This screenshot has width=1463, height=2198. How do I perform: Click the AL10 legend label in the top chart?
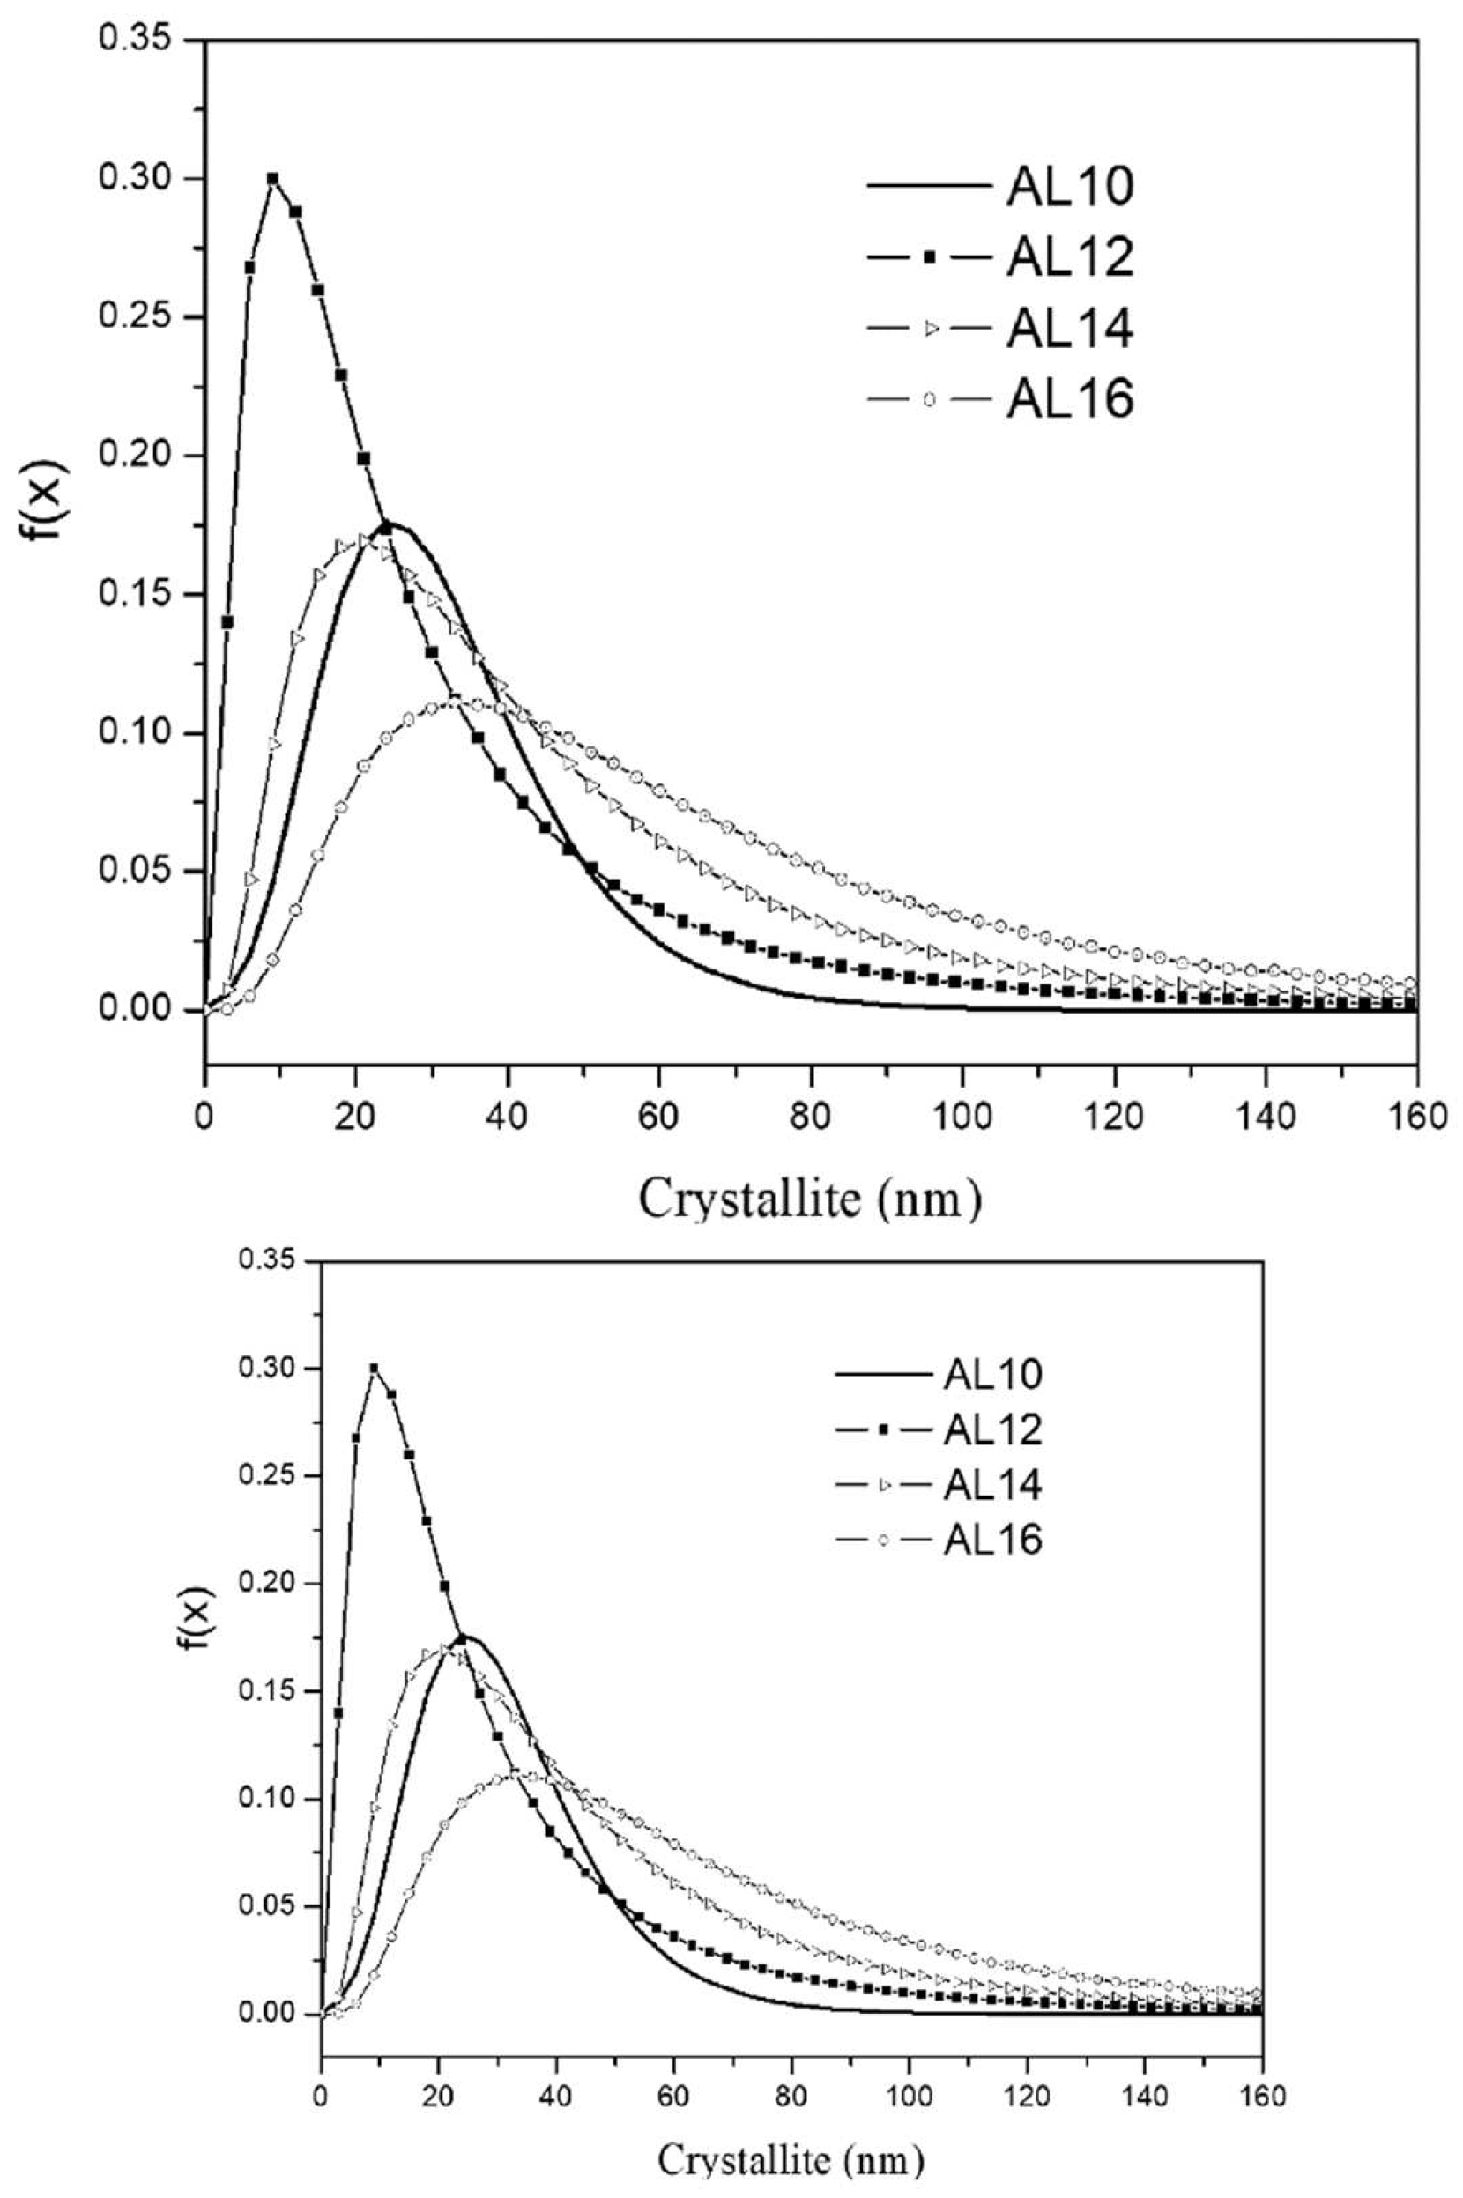pos(1069,187)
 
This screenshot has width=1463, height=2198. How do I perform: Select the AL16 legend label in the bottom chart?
pos(991,1541)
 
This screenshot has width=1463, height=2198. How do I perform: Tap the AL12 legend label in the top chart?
pos(1069,257)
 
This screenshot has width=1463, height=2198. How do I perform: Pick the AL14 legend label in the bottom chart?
pos(991,1485)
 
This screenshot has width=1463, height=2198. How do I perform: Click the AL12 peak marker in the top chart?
pos(272,178)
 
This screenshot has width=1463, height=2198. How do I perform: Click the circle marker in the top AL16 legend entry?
pos(928,399)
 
